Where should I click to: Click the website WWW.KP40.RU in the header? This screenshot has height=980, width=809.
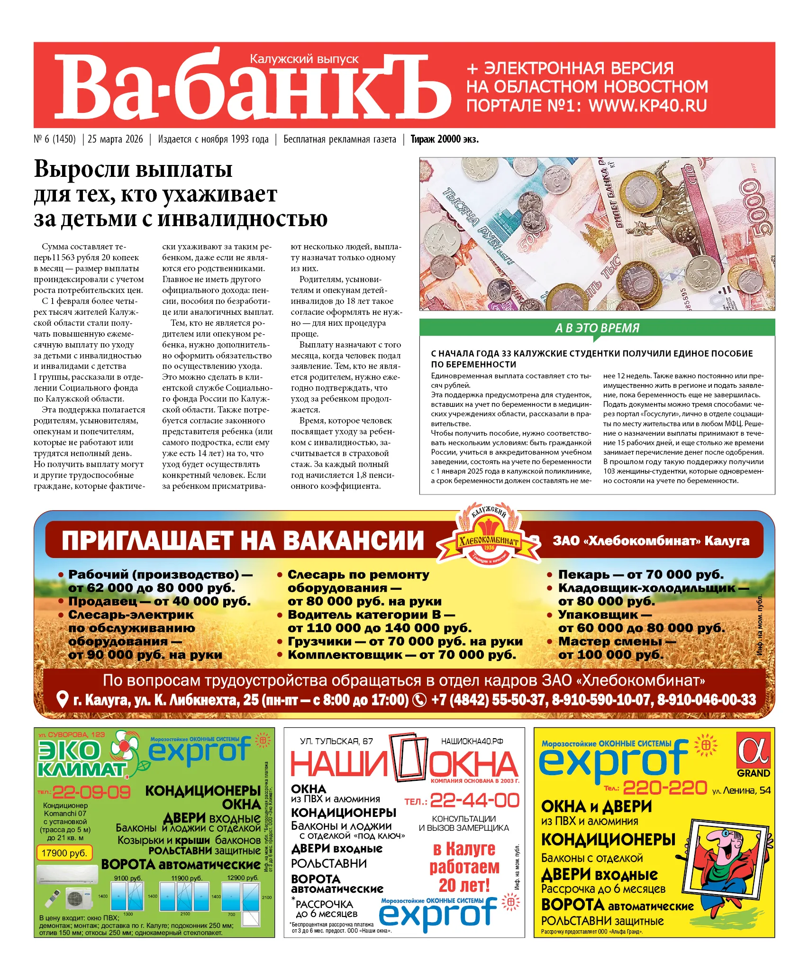pos(647,105)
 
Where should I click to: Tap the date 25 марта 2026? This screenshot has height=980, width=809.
pos(115,139)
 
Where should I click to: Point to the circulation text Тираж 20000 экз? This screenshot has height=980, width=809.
pos(444,139)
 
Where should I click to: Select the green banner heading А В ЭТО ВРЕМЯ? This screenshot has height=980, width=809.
pos(597,328)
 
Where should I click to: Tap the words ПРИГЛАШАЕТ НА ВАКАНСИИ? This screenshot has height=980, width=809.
pos(243,540)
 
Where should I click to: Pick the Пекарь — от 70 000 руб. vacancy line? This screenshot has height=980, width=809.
pos(640,574)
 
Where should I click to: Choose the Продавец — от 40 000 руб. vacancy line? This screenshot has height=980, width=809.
pos(159,601)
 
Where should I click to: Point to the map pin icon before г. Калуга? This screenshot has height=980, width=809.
pos(62,700)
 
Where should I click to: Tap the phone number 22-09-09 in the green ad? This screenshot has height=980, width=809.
pos(91,792)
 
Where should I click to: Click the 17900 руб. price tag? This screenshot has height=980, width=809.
pos(64,853)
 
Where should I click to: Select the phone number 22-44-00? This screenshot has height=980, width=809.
pos(474,801)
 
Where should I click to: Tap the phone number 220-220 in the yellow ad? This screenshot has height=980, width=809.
pos(664,788)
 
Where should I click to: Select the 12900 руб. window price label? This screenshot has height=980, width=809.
pos(243,878)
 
